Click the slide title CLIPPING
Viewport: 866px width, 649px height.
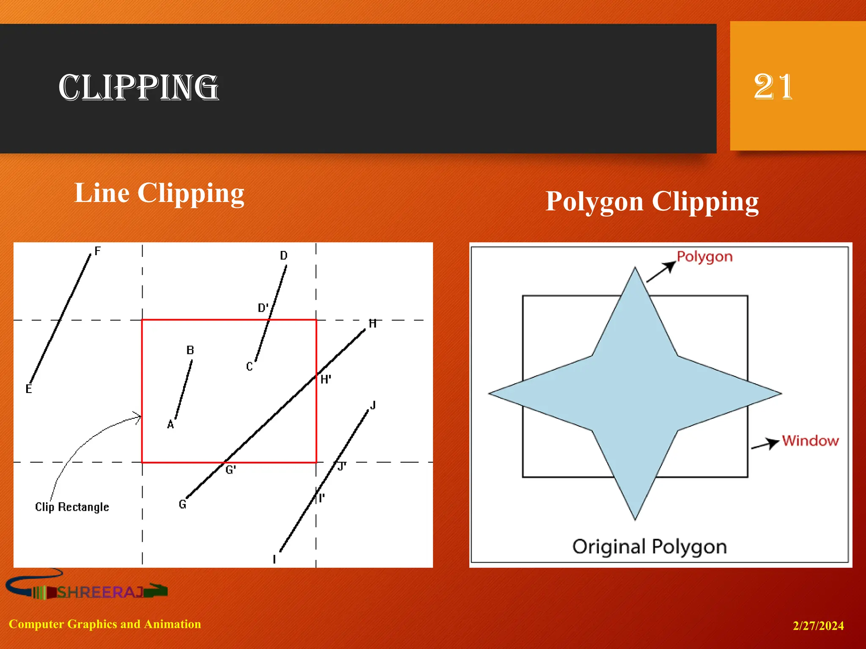138,87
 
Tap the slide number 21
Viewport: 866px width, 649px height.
773,87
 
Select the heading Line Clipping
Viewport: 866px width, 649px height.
159,193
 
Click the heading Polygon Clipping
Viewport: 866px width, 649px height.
652,201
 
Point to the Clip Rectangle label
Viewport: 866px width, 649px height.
72,507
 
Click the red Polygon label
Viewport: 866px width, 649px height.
704,256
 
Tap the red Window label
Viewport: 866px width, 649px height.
810,441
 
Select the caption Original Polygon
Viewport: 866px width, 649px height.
649,546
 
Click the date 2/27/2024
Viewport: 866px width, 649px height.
818,625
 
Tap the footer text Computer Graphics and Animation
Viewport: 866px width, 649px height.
105,624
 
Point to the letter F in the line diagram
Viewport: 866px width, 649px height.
98,251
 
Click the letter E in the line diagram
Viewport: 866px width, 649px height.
29,389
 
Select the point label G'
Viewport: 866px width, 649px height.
230,470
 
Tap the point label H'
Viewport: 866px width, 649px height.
326,379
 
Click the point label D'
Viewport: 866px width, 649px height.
263,308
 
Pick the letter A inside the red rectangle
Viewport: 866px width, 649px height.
170,424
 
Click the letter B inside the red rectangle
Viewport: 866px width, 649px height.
190,350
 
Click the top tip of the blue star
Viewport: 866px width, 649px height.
635,269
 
